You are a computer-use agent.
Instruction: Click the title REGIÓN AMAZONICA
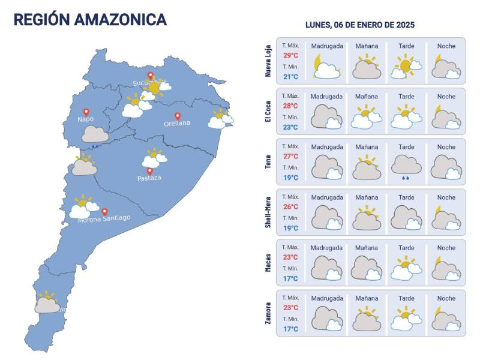point(90,20)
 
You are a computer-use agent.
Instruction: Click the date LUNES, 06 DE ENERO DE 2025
point(360,25)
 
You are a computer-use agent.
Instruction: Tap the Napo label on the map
point(86,119)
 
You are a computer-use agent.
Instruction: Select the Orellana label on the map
point(177,124)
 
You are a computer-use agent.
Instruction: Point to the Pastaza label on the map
point(149,178)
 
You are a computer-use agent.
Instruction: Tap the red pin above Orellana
point(178,116)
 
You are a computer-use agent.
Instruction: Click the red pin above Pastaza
point(149,170)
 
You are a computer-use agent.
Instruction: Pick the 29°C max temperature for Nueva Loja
point(291,55)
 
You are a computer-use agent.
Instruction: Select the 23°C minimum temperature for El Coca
point(291,127)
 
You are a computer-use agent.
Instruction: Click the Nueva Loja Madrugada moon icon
point(326,66)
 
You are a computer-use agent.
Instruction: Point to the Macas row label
point(268,262)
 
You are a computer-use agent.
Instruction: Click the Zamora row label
point(268,313)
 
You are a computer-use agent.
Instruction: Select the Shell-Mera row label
point(268,212)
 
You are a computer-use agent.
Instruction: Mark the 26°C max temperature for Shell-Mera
point(291,206)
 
